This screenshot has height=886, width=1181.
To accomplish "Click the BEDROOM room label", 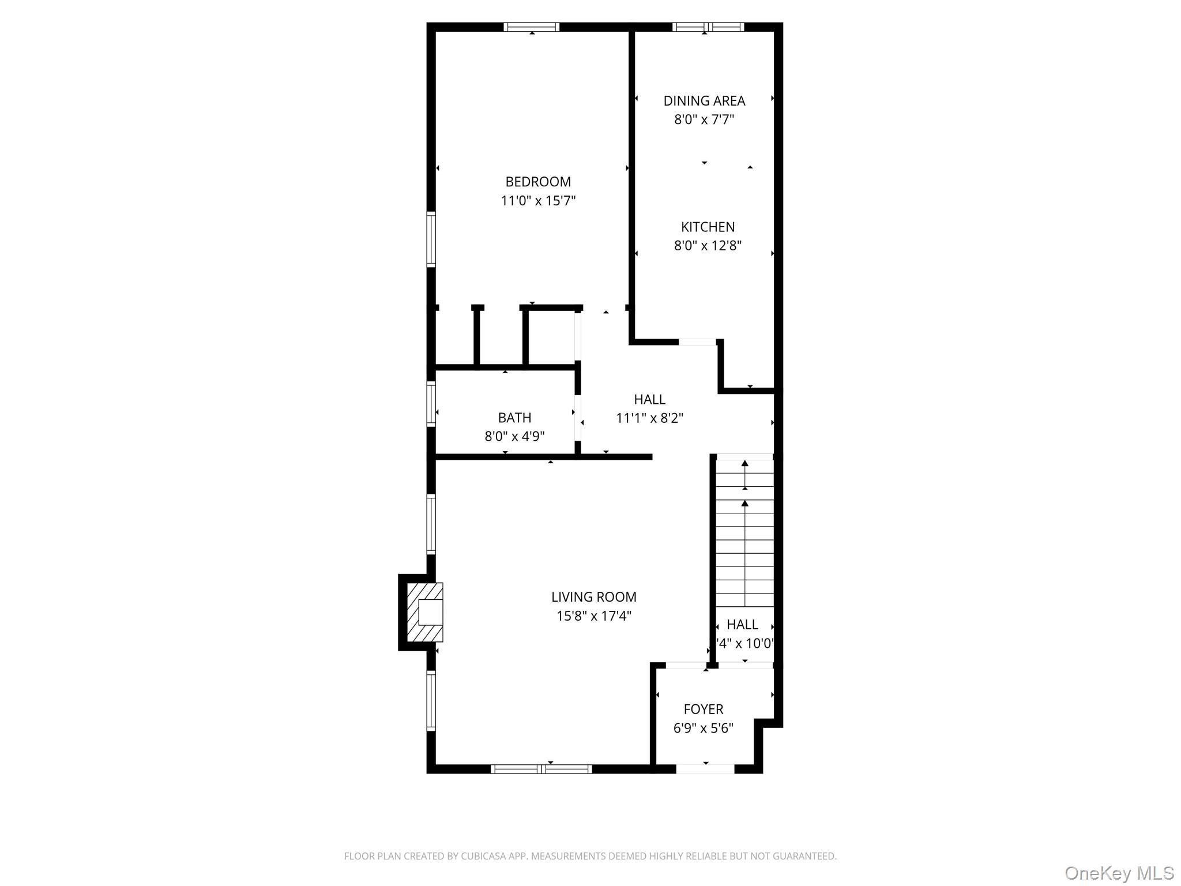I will (x=538, y=182).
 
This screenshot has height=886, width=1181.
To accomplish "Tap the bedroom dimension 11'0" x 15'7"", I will (x=538, y=201).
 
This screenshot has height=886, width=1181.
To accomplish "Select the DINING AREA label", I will (x=704, y=101).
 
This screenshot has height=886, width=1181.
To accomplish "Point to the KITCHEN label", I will (x=708, y=227).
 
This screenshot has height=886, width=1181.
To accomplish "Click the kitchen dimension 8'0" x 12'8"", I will (x=708, y=246).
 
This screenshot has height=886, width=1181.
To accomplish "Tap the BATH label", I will (x=514, y=418).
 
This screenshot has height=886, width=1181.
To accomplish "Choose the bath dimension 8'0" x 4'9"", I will (x=514, y=436).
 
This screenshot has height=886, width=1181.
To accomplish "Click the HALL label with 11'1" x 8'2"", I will (x=649, y=399).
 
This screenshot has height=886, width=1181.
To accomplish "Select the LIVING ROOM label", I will (x=593, y=597).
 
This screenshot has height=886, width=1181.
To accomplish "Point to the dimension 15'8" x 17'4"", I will (x=593, y=616).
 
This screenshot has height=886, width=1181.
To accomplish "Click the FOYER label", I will (x=703, y=709).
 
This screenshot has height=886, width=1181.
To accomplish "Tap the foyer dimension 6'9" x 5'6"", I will (x=703, y=728).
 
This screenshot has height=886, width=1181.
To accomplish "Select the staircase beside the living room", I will (x=744, y=531).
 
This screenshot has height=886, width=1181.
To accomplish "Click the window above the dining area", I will (x=708, y=27).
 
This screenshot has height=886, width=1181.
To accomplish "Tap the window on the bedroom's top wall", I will (x=531, y=27).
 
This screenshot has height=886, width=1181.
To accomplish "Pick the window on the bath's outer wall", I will (x=431, y=404).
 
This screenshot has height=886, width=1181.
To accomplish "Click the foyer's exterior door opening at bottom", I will (x=705, y=769).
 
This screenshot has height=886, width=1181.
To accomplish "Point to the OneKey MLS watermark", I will (x=1119, y=873).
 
